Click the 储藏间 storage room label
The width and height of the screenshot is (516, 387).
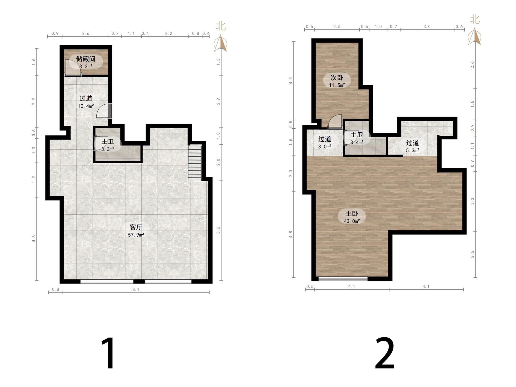tap(86, 59)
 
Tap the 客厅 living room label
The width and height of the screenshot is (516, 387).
tap(136, 227)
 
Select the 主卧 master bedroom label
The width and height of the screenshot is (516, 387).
tap(352, 214)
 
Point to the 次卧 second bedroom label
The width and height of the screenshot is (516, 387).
tap(337, 78)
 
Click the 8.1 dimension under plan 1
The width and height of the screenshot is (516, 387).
tap(136, 289)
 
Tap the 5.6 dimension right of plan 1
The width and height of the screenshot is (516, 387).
tap(218, 230)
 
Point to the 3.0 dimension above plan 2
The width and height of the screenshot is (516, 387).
tap(427, 26)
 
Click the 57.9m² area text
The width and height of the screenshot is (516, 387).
tap(136, 235)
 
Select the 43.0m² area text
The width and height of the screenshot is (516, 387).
tap(352, 221)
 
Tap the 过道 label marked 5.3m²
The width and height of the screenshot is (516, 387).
tap(413, 143)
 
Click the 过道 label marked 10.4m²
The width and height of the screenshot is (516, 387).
tap(86, 98)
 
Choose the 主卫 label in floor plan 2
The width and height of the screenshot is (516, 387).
tap(357, 135)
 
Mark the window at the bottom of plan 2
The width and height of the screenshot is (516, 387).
tap(343, 279)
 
